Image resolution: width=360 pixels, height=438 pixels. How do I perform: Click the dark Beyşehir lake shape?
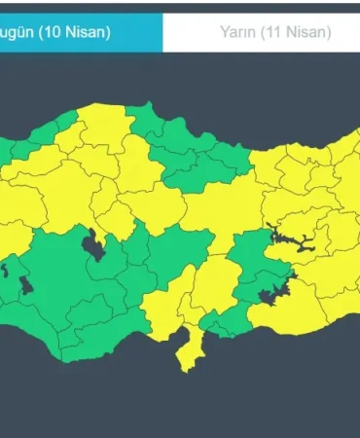coord(26,285)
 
